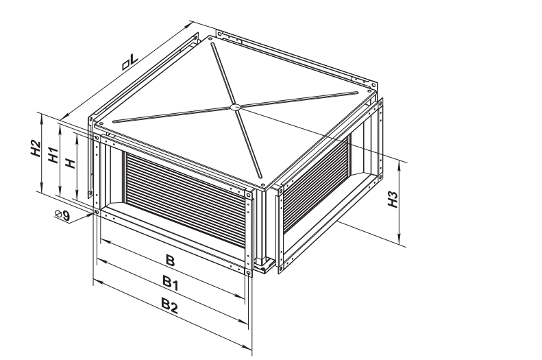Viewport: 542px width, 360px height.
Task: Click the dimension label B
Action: pyautogui.click(x=170, y=260)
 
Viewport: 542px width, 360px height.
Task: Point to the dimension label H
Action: pyautogui.click(x=71, y=163)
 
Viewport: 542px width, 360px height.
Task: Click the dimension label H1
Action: pyautogui.click(x=53, y=155)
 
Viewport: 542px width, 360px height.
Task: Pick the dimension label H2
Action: pyautogui.click(x=35, y=148)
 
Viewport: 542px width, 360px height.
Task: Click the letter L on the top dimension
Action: pyautogui.click(x=134, y=58)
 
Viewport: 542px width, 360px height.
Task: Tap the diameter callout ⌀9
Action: pyautogui.click(x=62, y=215)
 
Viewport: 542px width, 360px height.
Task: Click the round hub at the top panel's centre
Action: pyautogui.click(x=235, y=107)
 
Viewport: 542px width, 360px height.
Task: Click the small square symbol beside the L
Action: pyautogui.click(x=126, y=65)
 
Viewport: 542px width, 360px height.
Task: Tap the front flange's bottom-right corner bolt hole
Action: pyautogui.click(x=248, y=273)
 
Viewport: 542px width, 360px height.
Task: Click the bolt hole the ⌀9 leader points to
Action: pyautogui.click(x=97, y=211)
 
